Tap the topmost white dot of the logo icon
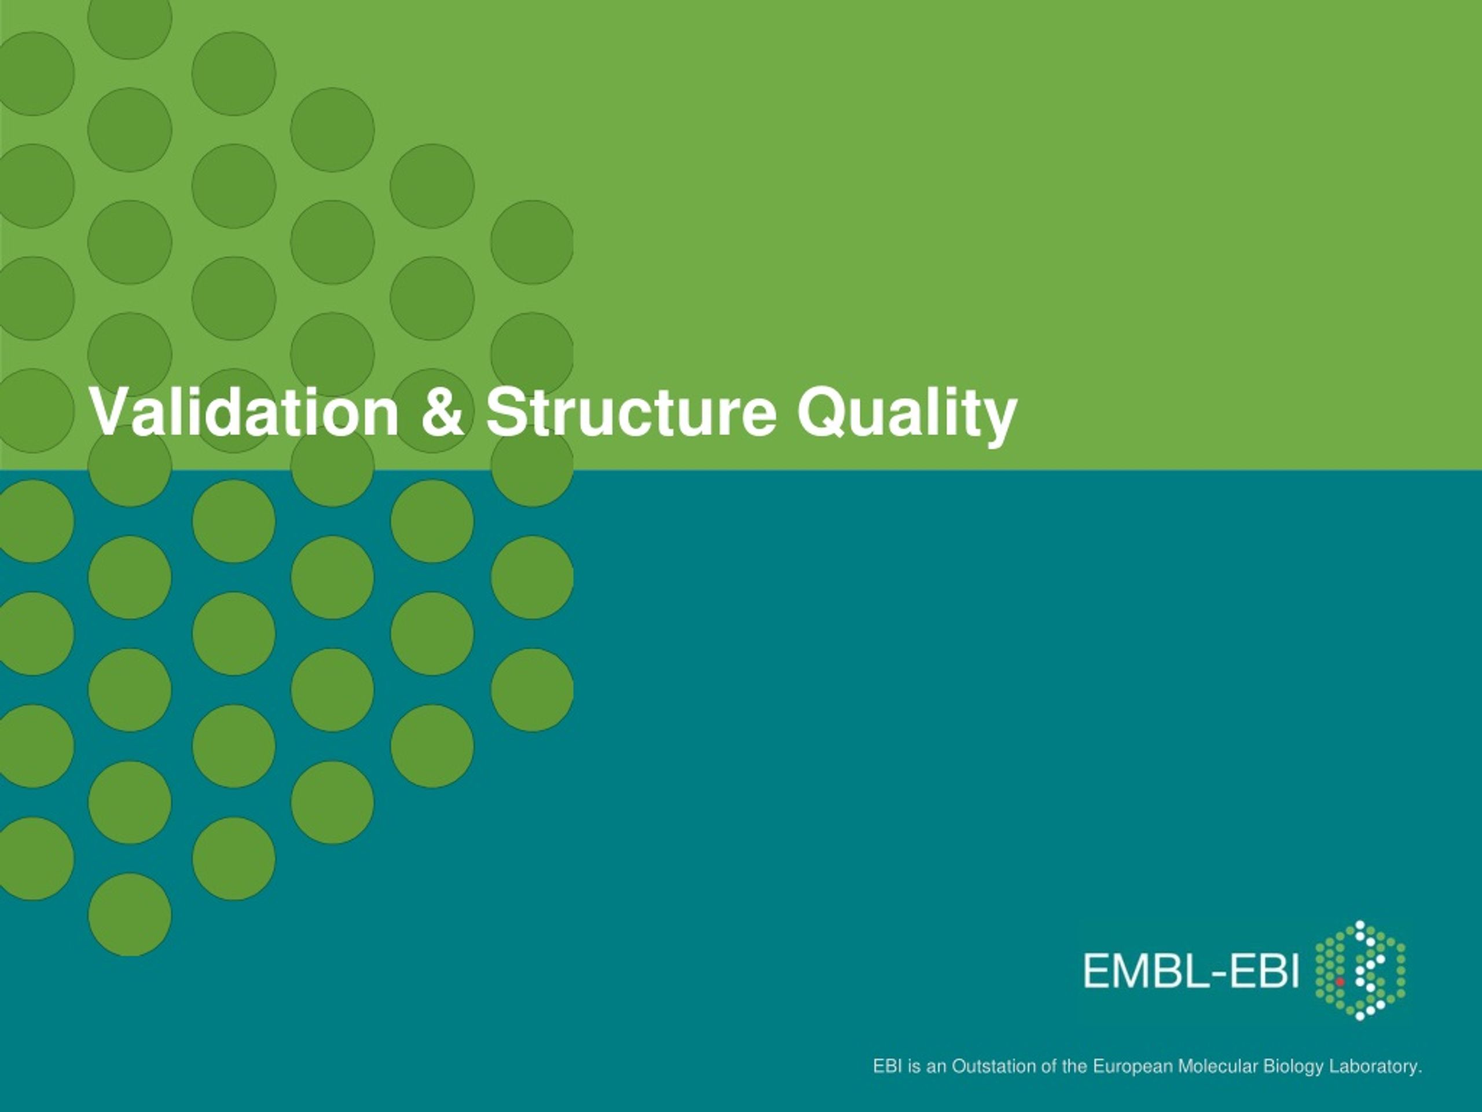[1360, 925]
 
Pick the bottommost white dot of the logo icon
[1360, 1016]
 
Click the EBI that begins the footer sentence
[887, 1066]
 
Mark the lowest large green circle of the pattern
[130, 915]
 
